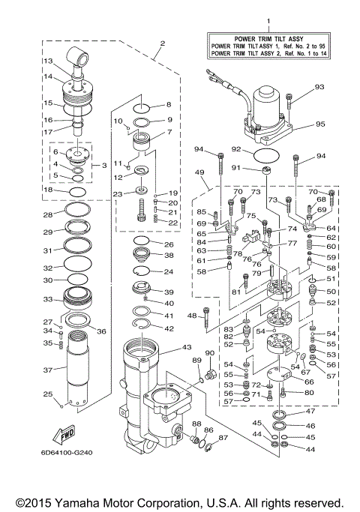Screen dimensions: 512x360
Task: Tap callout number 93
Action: coord(319,88)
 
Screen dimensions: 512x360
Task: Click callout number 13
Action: coord(46,61)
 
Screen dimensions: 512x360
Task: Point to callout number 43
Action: coord(187,348)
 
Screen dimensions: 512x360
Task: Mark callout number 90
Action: coord(210,352)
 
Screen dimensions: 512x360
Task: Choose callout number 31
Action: coord(47,250)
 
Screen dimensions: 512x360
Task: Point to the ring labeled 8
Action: coord(146,106)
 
